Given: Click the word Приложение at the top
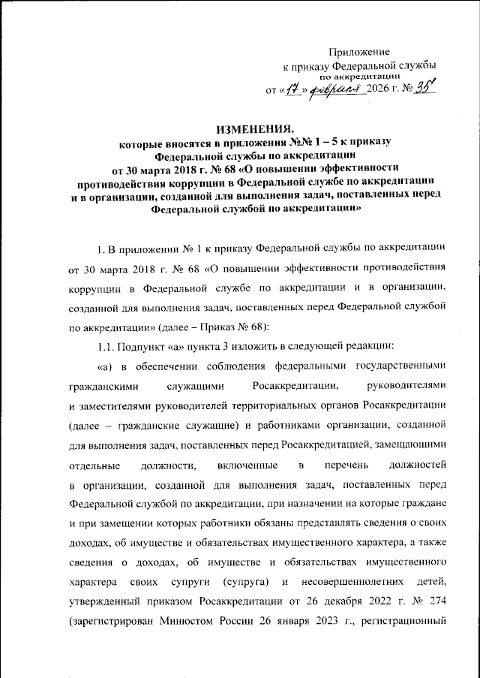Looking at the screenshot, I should coord(360,52).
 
